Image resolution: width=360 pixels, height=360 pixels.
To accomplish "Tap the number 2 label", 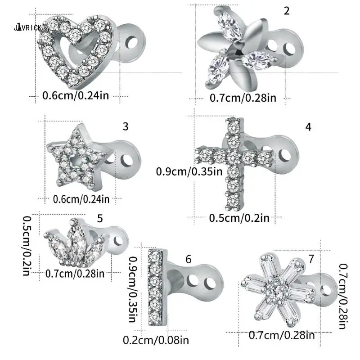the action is (287, 11).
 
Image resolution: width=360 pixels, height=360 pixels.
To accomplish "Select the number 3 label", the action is (126, 126).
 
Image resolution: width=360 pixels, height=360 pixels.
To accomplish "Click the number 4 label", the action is (308, 127).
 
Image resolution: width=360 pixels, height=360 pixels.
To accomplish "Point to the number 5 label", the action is (100, 219).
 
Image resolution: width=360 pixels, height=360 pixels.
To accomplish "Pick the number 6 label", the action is (189, 260).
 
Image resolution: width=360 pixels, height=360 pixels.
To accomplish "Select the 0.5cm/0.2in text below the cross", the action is (239, 218).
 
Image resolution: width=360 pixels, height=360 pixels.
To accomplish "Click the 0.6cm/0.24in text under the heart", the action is (75, 95).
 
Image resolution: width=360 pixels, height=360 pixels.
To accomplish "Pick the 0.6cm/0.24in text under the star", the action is (81, 199).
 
